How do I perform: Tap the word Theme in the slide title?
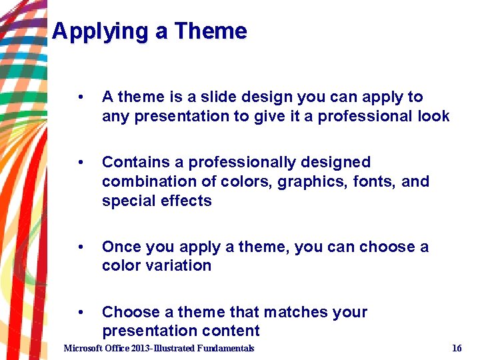click(211, 31)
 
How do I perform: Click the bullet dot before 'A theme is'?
click(80, 97)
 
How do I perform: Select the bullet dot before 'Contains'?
click(80, 163)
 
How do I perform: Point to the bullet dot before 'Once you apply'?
click(80, 247)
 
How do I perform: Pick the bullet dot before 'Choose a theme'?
click(80, 313)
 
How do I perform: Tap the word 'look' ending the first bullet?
click(433, 116)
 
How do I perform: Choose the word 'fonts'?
click(379, 181)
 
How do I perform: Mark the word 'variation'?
click(180, 265)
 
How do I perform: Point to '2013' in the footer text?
click(141, 348)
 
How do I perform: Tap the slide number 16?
click(457, 348)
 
